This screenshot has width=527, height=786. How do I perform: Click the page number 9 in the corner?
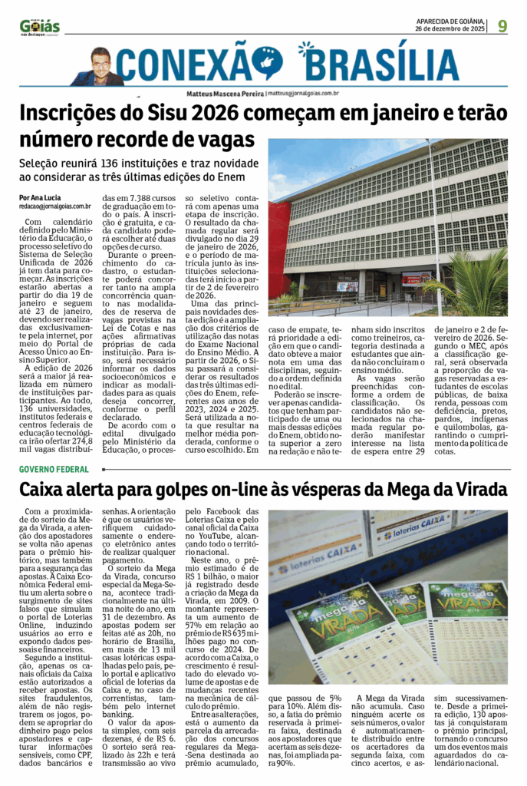pos(502,25)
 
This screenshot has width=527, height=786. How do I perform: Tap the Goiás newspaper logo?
pos(40,27)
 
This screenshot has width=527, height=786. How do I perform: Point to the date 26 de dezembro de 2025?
pos(450,29)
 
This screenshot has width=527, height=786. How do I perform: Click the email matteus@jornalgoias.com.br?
pos(303,93)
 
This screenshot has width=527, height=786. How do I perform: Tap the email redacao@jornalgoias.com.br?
pos(55,206)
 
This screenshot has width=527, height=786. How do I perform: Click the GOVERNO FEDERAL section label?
pos(54,468)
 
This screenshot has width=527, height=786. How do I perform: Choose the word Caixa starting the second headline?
pos(45,489)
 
